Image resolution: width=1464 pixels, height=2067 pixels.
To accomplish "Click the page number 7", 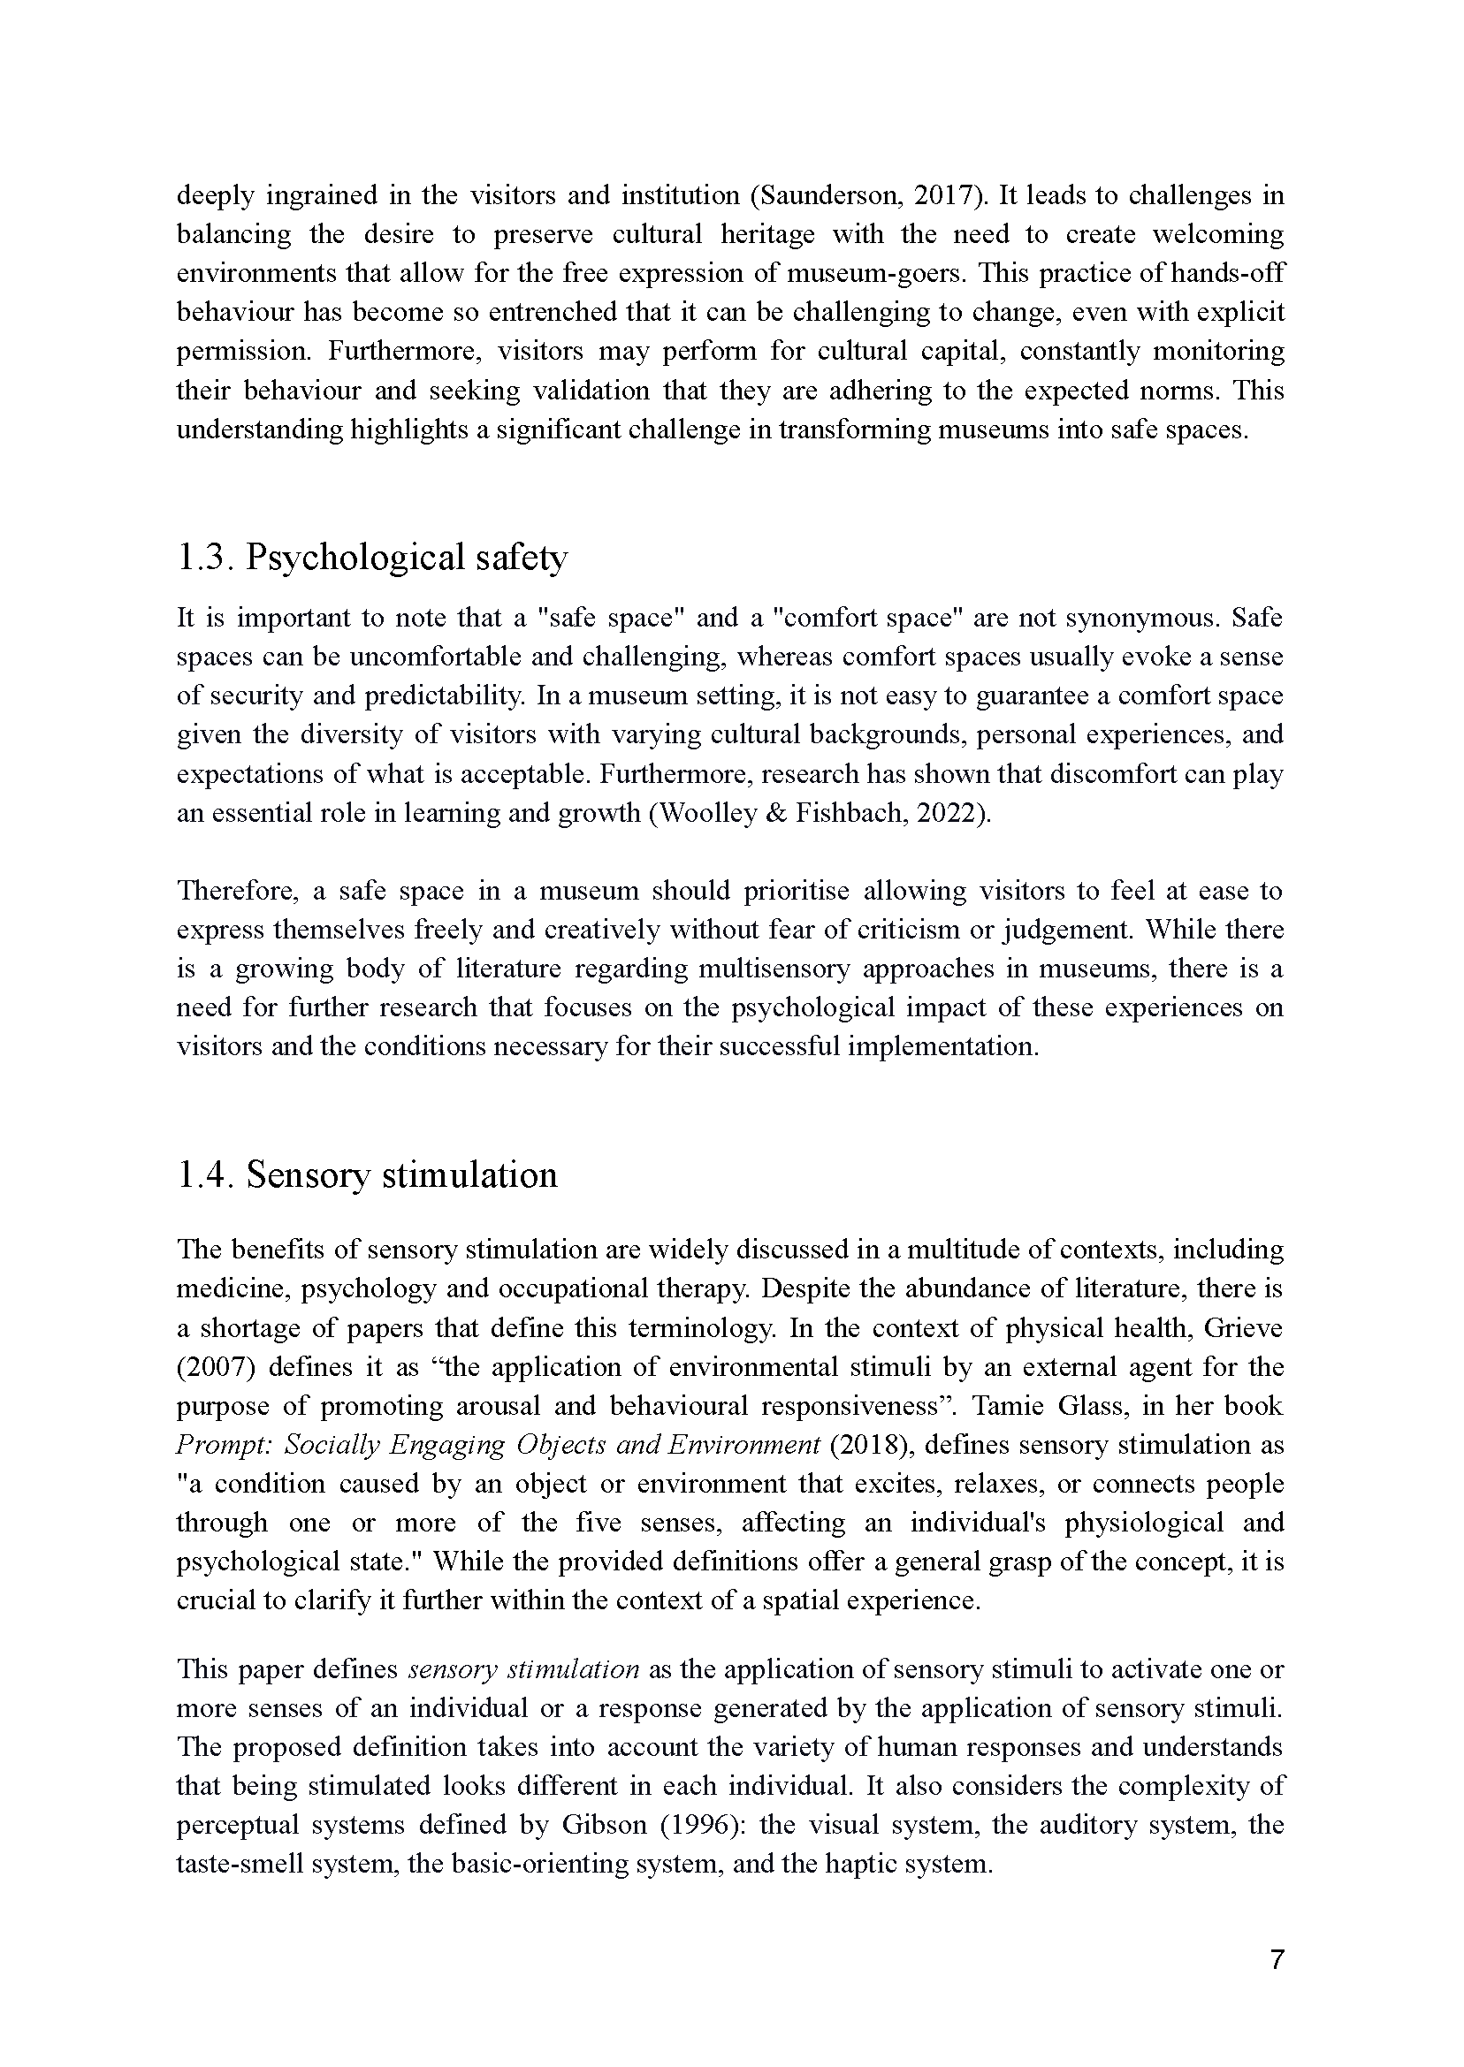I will pyautogui.click(x=1276, y=1961).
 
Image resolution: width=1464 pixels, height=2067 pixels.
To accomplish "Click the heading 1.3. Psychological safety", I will pyautogui.click(x=371, y=558).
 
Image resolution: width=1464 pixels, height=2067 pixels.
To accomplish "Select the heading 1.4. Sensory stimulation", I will pyautogui.click(x=367, y=1175).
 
